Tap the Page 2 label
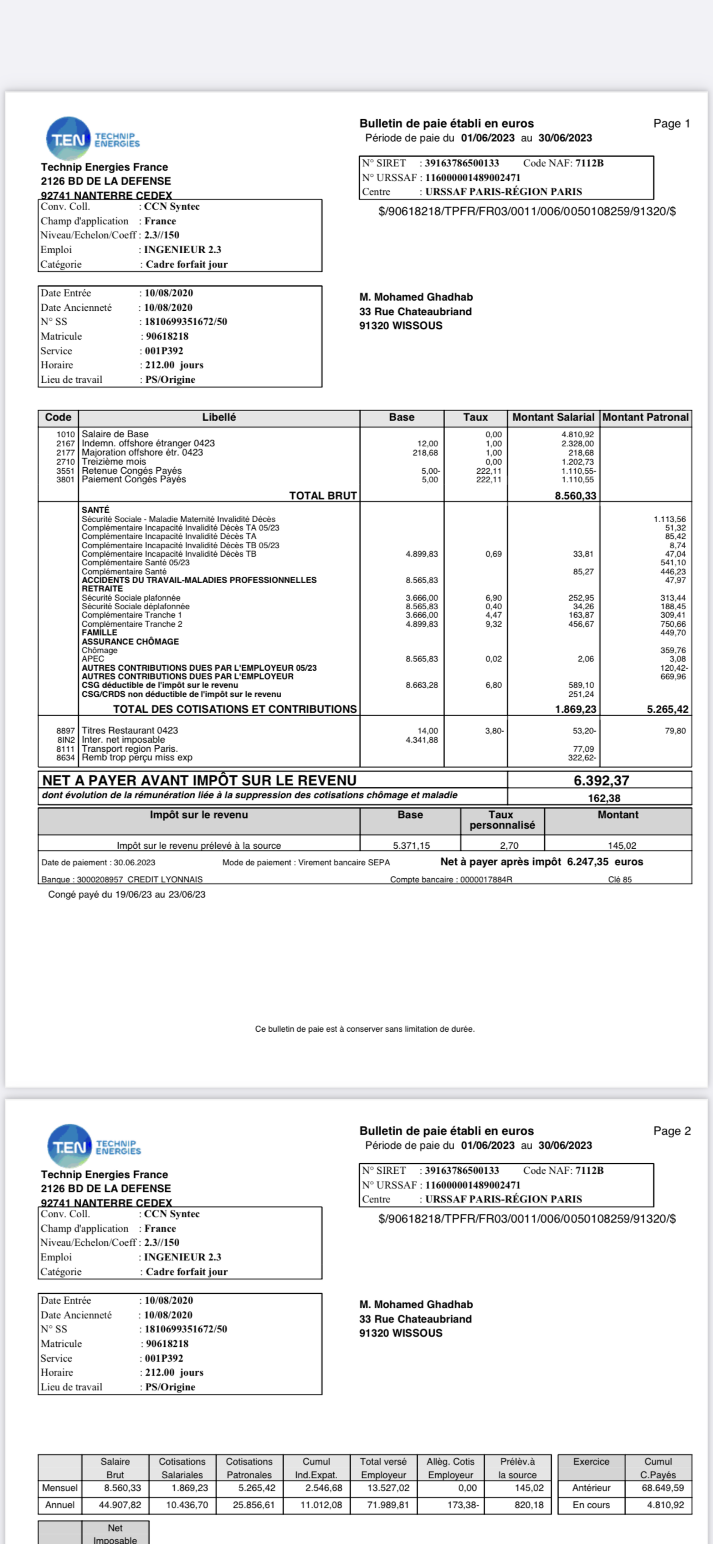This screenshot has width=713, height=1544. pyautogui.click(x=672, y=1131)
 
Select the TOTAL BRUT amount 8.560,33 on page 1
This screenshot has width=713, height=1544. pyautogui.click(x=575, y=496)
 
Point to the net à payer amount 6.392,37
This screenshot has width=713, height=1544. pyautogui.click(x=601, y=781)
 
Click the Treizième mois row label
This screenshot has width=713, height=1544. pyautogui.click(x=114, y=462)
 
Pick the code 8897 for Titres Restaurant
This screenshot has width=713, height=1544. pyautogui.click(x=65, y=731)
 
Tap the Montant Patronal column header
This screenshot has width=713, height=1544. pyautogui.click(x=645, y=417)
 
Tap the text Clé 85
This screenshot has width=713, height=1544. pyautogui.click(x=620, y=879)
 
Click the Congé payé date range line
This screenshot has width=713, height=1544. pyautogui.click(x=127, y=894)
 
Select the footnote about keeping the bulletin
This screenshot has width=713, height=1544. pyautogui.click(x=364, y=1029)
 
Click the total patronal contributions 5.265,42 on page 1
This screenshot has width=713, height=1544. pyautogui.click(x=667, y=709)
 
